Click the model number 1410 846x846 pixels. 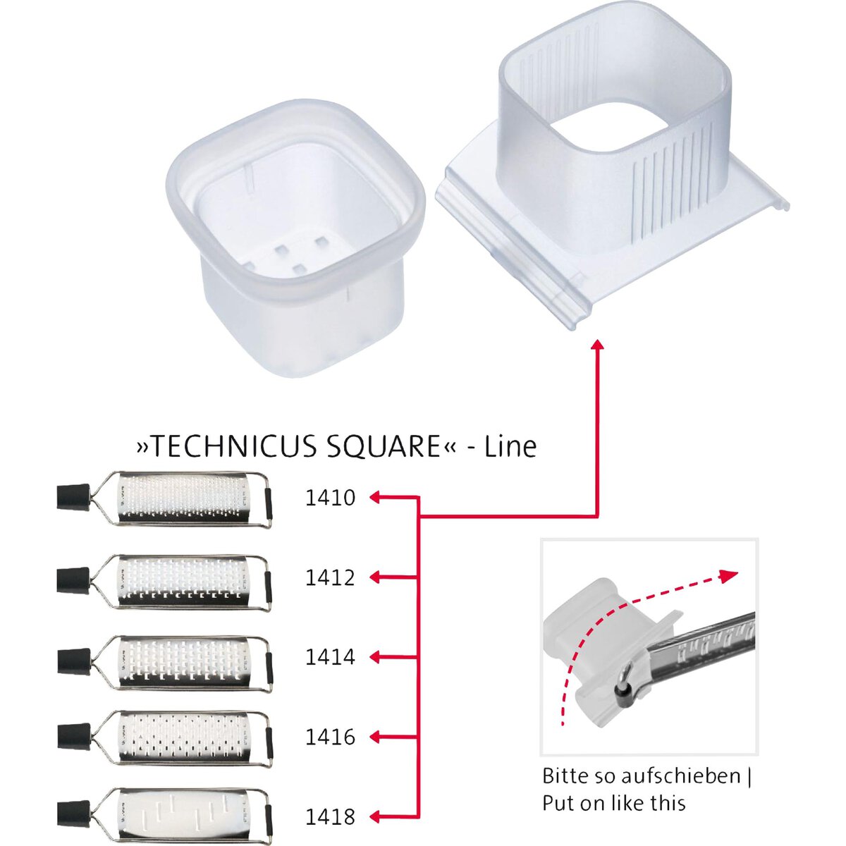330,498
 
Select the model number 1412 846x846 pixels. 330,577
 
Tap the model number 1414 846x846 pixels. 330,657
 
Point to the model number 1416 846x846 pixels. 330,737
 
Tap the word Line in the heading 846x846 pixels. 510,446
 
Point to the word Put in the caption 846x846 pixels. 558,803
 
